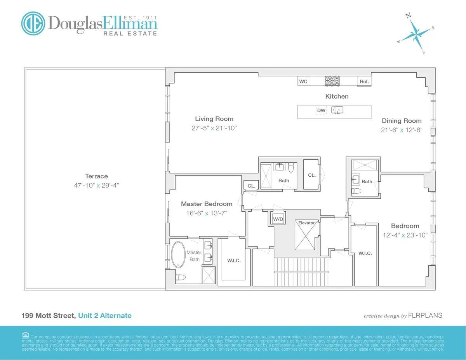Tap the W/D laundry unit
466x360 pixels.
[x=278, y=219]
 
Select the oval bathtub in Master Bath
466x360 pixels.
[x=178, y=255]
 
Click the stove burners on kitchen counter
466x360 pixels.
[x=332, y=81]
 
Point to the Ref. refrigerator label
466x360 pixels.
[x=364, y=82]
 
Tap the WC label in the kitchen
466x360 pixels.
[x=303, y=82]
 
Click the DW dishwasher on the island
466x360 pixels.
[x=321, y=111]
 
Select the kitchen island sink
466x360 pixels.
[x=337, y=111]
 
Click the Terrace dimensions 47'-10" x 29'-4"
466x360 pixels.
[x=97, y=185]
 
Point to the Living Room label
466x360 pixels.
[x=214, y=119]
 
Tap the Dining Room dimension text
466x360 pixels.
[x=401, y=130]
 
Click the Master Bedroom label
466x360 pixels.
[x=207, y=203]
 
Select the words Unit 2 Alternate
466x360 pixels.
[x=105, y=315]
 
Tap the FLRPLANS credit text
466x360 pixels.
[x=425, y=315]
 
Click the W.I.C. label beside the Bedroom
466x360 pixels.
[x=365, y=253]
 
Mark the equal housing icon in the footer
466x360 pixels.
[x=26, y=335]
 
